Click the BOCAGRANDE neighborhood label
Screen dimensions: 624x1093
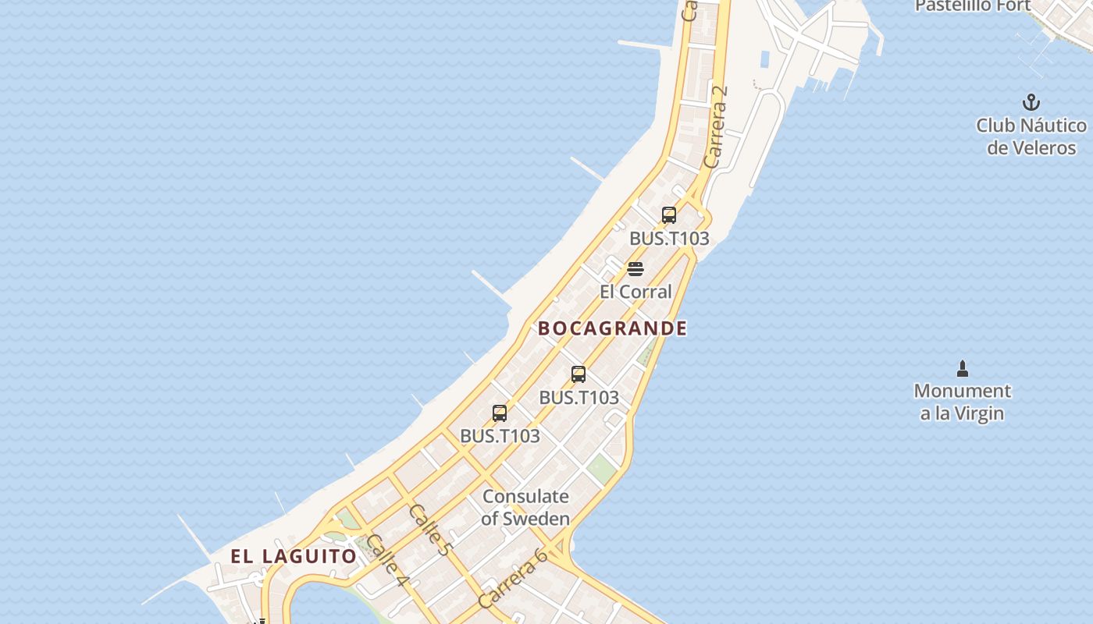click(x=613, y=328)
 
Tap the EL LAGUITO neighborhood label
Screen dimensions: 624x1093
click(x=294, y=556)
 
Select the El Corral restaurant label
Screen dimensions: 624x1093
click(x=636, y=292)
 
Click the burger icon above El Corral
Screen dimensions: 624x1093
click(x=636, y=270)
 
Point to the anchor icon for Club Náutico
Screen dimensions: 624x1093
click(x=1031, y=102)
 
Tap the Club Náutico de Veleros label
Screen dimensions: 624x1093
click(x=1031, y=136)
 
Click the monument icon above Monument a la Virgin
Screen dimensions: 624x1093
click(x=963, y=368)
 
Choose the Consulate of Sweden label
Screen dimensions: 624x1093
click(x=525, y=507)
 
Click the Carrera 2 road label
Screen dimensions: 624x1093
click(x=715, y=126)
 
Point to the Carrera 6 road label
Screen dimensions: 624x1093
click(x=513, y=578)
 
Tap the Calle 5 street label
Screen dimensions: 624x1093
click(x=430, y=530)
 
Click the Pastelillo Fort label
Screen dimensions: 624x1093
click(x=973, y=6)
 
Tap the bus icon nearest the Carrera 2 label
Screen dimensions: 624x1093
click(x=669, y=215)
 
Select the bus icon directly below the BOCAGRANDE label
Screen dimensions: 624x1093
click(x=579, y=374)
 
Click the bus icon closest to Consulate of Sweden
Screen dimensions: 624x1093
click(x=500, y=413)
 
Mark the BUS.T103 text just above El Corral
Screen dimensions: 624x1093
click(x=669, y=239)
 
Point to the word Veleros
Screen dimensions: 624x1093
click(x=1042, y=148)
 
